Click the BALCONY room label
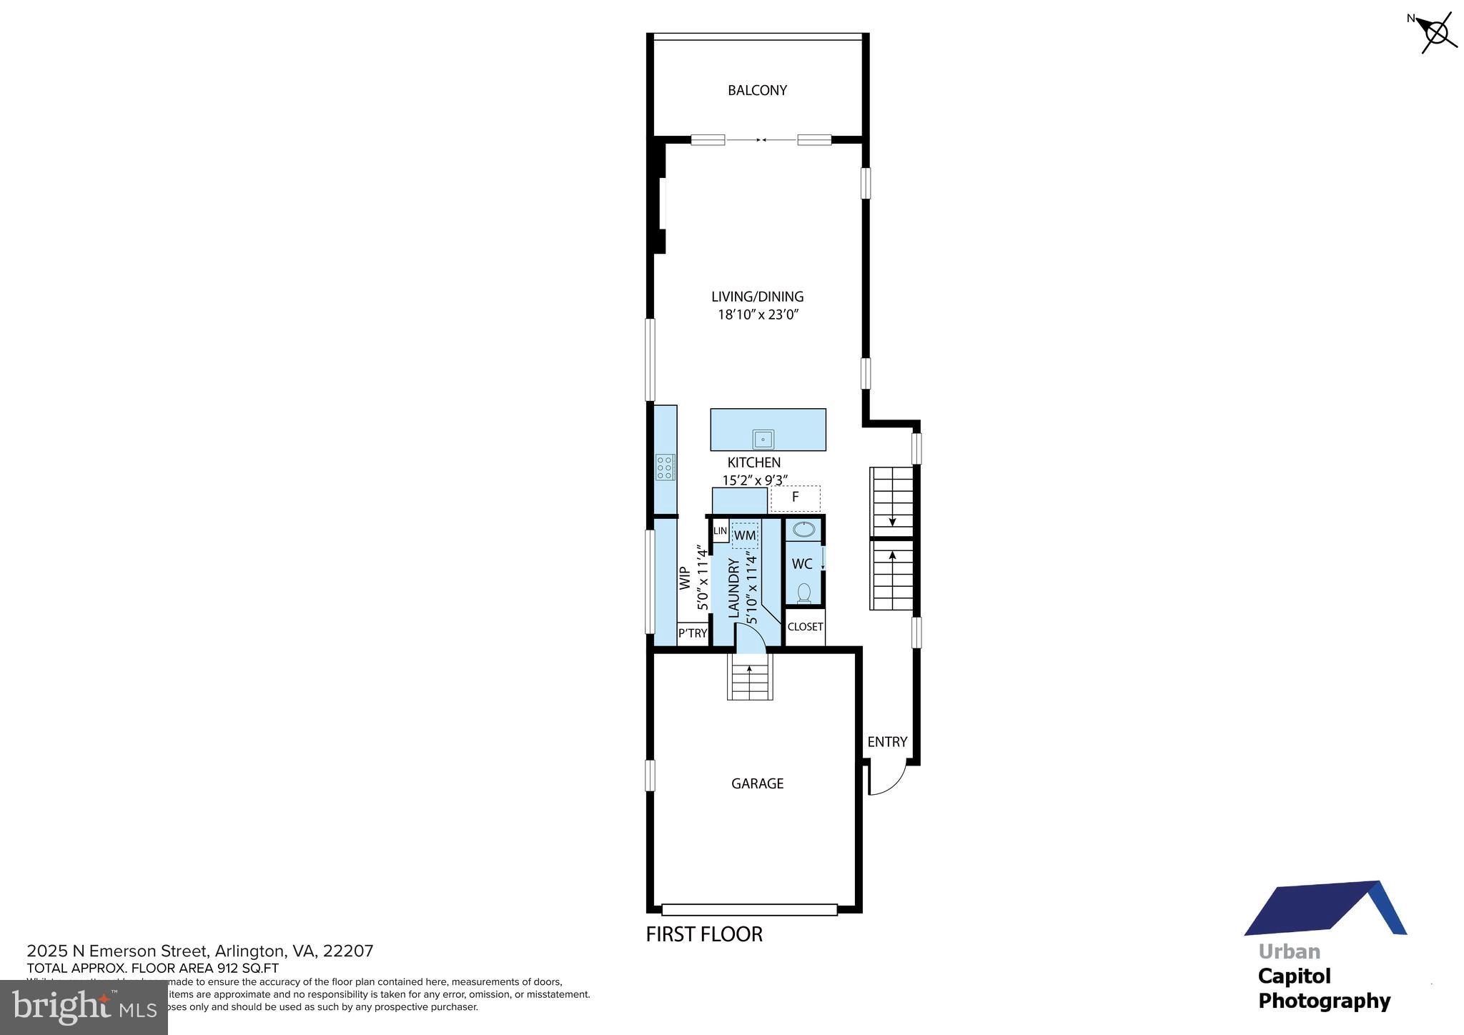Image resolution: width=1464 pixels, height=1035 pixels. [x=757, y=90]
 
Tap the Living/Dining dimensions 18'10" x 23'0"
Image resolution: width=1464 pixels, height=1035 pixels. [x=758, y=315]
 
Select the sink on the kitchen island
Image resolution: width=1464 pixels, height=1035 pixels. [x=763, y=439]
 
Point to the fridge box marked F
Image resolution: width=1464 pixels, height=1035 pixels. [x=795, y=497]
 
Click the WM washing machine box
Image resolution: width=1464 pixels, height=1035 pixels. [x=745, y=535]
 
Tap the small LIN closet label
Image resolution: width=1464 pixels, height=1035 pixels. [x=720, y=531]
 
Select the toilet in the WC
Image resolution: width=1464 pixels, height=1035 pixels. [x=804, y=593]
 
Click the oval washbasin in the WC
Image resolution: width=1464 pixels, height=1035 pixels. [x=804, y=530]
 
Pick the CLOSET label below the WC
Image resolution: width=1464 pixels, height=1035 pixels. [x=805, y=627]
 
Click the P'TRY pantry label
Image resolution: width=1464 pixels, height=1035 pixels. [x=693, y=633]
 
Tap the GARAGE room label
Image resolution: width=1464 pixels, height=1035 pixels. [x=757, y=783]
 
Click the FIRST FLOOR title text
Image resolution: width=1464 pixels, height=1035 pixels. [x=704, y=934]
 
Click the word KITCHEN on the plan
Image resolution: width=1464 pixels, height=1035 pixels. [x=754, y=462]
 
